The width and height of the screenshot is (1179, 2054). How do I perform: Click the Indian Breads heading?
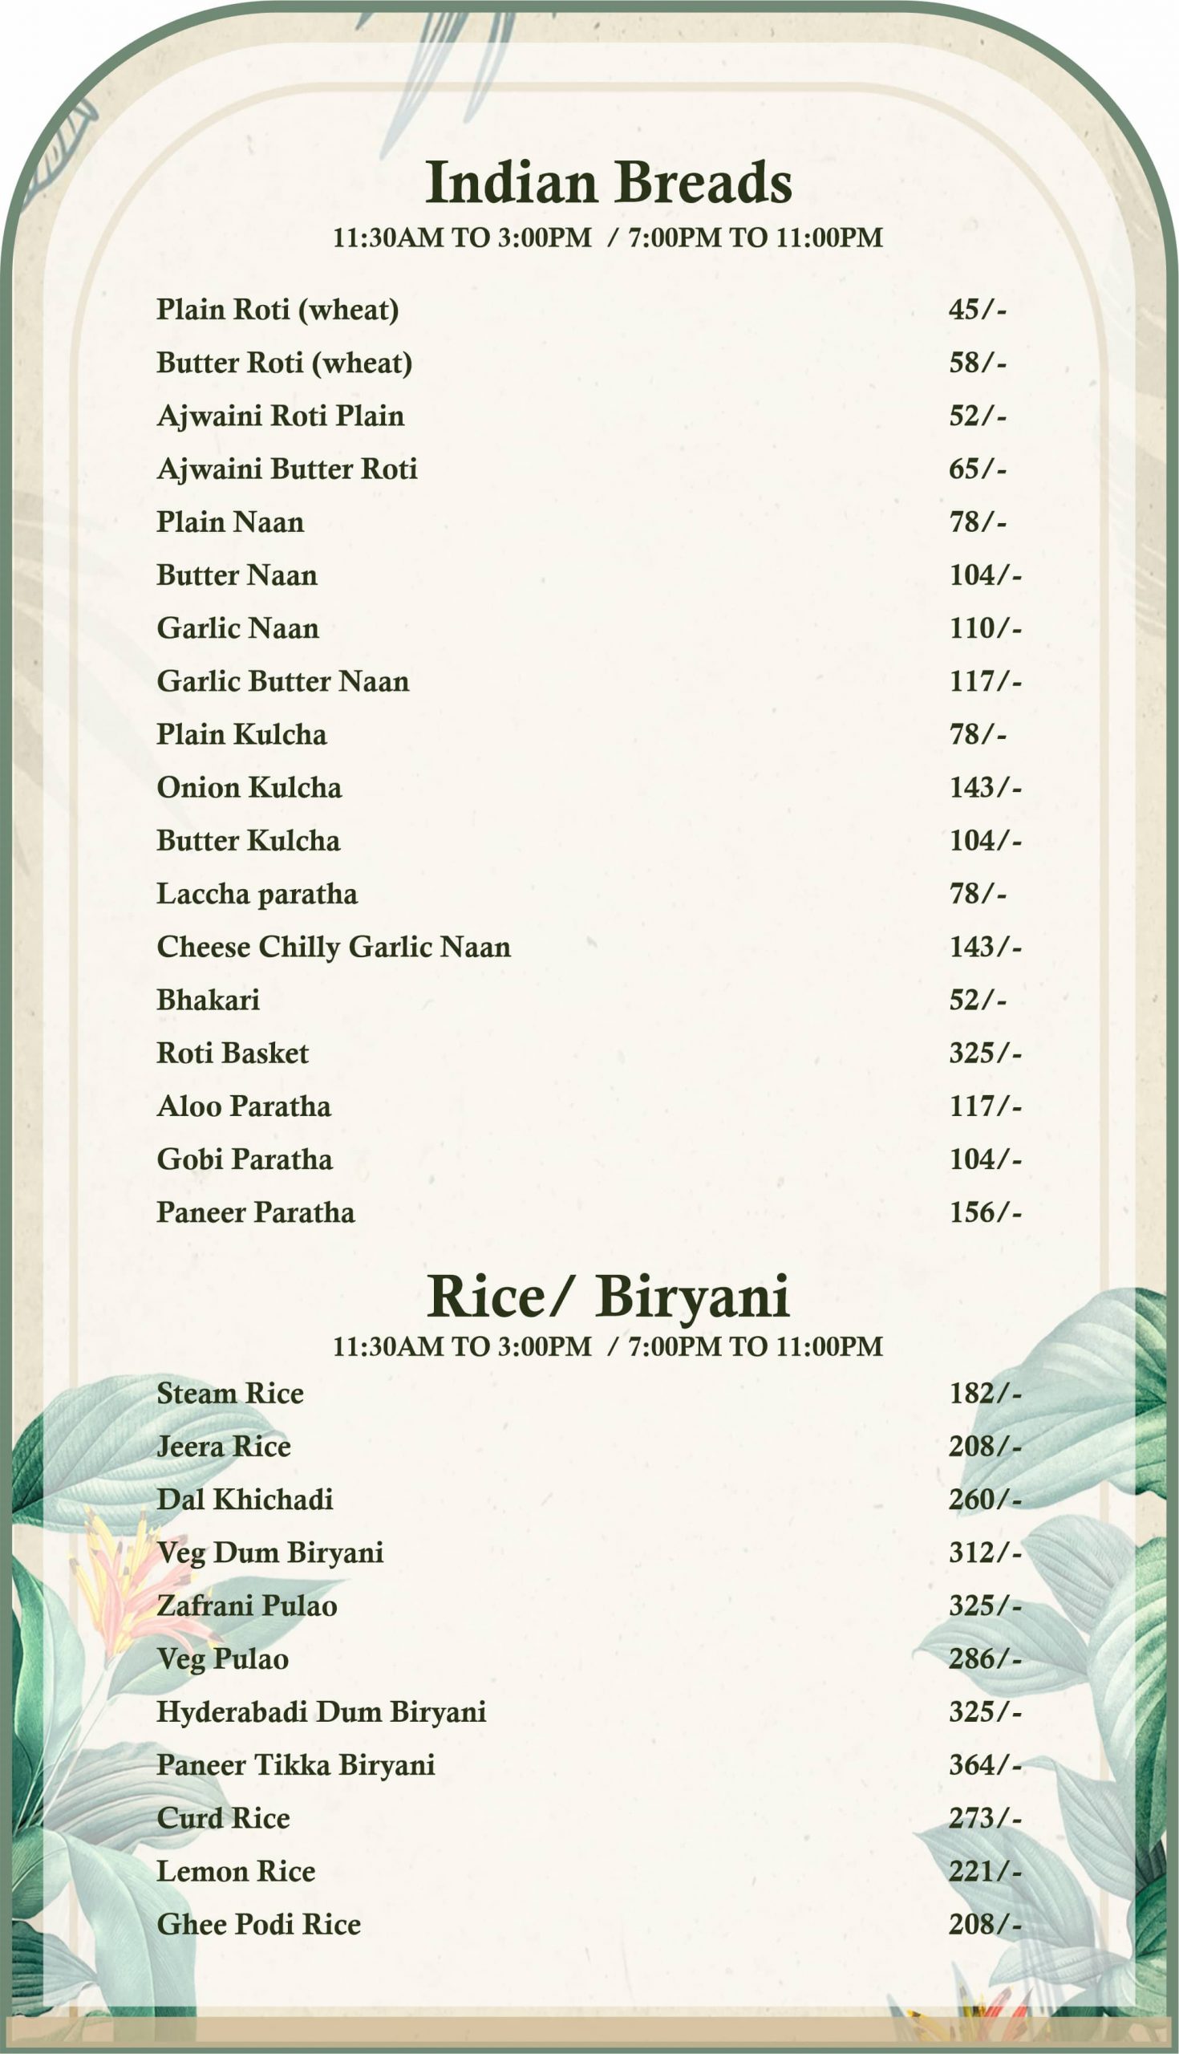(608, 182)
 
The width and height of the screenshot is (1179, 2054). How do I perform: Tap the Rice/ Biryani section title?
(608, 1297)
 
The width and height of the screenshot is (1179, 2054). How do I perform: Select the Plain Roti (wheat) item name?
(278, 310)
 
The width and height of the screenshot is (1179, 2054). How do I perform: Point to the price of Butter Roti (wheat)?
(978, 363)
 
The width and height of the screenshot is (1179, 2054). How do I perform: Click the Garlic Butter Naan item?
(282, 681)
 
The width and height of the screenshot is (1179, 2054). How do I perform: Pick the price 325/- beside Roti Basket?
(985, 1053)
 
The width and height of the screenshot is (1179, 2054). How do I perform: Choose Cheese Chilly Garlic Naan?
(334, 947)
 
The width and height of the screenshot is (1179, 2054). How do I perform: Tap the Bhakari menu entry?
(208, 1001)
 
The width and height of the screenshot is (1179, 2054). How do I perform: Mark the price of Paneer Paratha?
(985, 1212)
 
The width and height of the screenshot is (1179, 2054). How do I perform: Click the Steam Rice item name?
(230, 1393)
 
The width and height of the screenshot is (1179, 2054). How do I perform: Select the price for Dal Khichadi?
(985, 1500)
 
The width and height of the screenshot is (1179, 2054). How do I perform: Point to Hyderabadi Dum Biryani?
(322, 1711)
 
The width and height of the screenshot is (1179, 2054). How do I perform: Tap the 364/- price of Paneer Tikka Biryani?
(985, 1765)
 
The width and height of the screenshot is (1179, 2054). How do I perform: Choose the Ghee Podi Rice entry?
(258, 1923)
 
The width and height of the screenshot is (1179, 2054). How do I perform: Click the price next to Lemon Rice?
(985, 1871)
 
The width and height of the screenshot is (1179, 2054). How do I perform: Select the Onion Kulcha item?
(249, 787)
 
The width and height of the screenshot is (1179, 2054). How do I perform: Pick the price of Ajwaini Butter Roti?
(978, 469)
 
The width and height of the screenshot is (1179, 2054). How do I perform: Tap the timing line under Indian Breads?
(608, 238)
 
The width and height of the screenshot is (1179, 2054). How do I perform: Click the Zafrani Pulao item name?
(246, 1605)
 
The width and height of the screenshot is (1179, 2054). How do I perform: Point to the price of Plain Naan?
(978, 522)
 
